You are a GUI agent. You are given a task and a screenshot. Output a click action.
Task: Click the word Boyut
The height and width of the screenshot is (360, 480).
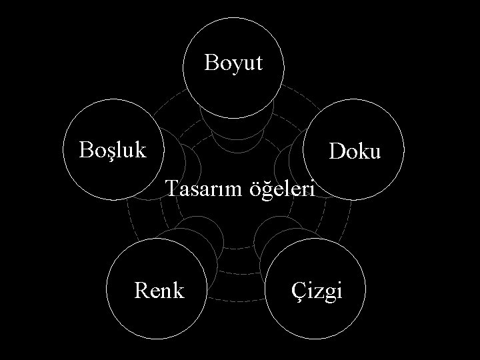point(234,63)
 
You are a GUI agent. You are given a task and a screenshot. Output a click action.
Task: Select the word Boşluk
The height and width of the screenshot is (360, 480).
point(113,149)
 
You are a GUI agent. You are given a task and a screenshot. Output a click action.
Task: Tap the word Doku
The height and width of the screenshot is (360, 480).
point(355,152)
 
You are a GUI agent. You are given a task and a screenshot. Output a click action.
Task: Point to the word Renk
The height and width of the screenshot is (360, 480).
point(159,290)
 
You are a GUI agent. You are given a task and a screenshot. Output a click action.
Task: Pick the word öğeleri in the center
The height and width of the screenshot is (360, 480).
point(281,191)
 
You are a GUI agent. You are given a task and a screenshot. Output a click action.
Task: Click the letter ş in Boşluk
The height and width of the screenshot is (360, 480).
point(109,150)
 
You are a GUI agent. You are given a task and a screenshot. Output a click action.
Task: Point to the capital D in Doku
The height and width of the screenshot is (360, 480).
point(337,152)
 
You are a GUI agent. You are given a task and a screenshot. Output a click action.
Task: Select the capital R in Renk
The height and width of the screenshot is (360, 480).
point(141,290)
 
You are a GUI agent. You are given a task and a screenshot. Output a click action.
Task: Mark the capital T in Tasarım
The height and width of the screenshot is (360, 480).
point(171,189)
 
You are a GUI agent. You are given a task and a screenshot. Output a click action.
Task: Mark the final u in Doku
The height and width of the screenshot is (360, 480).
point(375,153)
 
